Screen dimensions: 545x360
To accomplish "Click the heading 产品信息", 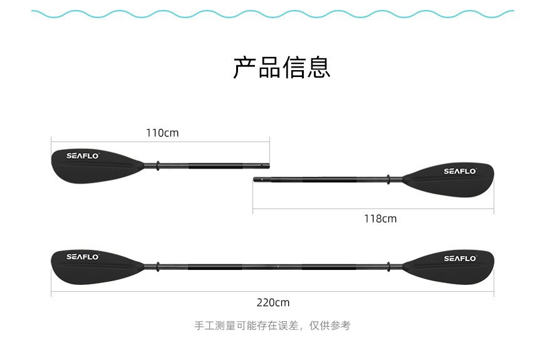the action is point(281,67).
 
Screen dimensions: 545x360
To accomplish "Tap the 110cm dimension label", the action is point(162,133).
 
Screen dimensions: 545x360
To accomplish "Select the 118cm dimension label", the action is point(380,219).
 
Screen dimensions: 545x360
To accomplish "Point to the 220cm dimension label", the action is point(273,302).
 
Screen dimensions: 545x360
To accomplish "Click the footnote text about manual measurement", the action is point(272,326).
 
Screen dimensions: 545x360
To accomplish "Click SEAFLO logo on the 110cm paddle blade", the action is point(83,156).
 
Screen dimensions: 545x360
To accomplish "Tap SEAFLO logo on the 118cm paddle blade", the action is point(460,171).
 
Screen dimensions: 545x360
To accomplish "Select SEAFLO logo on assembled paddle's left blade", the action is point(83,257).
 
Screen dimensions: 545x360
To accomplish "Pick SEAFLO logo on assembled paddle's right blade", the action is point(460,258).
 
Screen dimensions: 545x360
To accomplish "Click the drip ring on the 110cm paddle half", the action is point(158,166).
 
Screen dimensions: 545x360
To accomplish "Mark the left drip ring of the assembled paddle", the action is point(158,267).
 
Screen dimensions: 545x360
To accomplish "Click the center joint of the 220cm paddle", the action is point(278,267).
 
